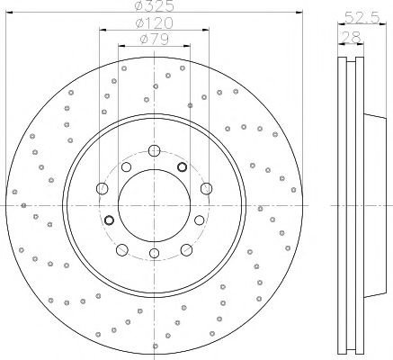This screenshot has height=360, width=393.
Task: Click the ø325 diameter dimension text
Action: pos(155,6)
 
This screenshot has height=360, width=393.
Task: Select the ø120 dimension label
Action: pos(154,23)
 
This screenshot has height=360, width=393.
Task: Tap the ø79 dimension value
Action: pos(155,39)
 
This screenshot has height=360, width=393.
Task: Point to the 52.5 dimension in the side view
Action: pos(362,17)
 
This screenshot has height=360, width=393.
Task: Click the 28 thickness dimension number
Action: pos(351,38)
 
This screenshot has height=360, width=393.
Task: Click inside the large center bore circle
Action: pos(154,205)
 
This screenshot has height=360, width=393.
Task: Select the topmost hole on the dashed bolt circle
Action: pos(154,150)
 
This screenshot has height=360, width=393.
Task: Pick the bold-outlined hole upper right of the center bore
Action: pos(182,166)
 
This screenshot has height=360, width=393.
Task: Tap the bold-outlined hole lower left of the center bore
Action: pos(109,220)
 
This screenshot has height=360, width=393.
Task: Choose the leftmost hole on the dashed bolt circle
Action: pos(103,189)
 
